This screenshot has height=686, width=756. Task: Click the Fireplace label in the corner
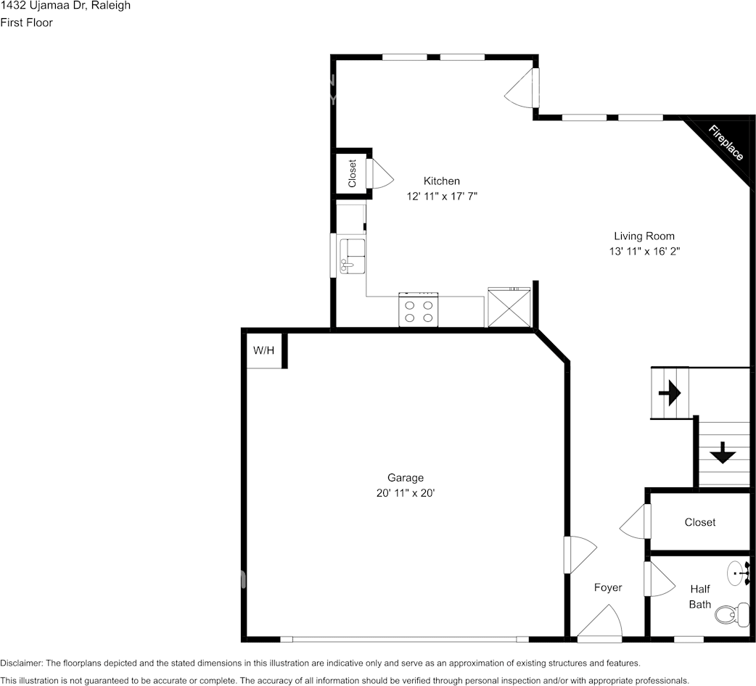point(726,144)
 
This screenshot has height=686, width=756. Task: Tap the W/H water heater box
point(263,351)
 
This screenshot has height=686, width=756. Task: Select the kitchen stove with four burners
point(419,310)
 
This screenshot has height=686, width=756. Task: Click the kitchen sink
point(351,256)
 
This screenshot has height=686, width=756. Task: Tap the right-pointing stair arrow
point(669,393)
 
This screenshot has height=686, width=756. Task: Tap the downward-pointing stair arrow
point(722,454)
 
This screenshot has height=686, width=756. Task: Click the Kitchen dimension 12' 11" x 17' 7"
point(442,196)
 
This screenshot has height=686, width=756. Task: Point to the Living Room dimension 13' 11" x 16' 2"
point(644,251)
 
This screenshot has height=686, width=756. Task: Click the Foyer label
point(607,587)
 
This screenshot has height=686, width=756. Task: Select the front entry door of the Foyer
point(600,626)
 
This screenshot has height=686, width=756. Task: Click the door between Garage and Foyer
point(579,555)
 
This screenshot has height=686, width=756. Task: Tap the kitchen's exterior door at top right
point(522,88)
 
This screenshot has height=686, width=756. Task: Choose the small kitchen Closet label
point(353,174)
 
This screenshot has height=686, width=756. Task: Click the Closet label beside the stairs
point(699,522)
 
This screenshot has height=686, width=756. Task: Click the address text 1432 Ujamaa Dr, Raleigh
point(65,6)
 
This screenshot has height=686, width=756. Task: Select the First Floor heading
point(26,22)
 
